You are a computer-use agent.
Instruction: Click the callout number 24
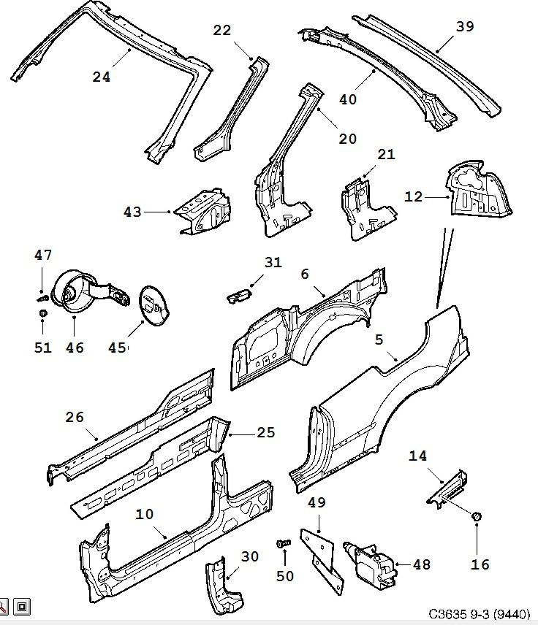coord(102,77)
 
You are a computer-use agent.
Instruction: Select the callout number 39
coord(465,26)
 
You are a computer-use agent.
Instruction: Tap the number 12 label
coord(413,196)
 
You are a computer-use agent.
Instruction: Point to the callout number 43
coord(132,212)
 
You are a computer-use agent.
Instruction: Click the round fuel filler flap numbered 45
coord(154,306)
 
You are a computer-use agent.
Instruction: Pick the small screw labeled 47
coord(42,298)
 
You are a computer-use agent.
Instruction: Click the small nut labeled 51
coord(42,313)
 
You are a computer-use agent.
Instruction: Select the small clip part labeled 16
coord(477,517)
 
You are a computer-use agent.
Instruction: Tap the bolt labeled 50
coord(284,543)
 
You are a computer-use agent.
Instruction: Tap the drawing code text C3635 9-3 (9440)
coord(480,613)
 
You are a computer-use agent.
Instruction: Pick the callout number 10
coord(144,514)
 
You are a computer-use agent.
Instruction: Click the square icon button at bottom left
coord(22,607)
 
